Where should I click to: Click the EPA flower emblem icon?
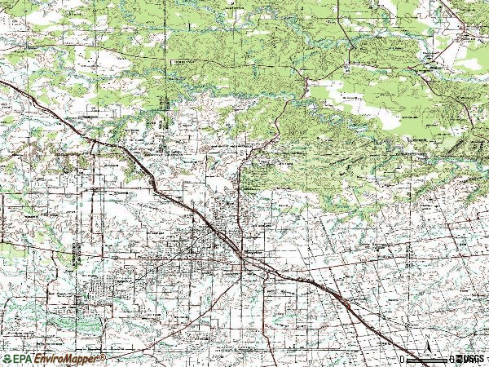6,359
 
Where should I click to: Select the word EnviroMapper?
65,359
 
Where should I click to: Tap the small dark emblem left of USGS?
456,359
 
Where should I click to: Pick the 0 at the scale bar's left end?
403,359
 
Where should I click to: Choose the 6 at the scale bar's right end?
450,359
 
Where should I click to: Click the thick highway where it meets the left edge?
3,84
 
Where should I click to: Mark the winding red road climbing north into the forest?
281,122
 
